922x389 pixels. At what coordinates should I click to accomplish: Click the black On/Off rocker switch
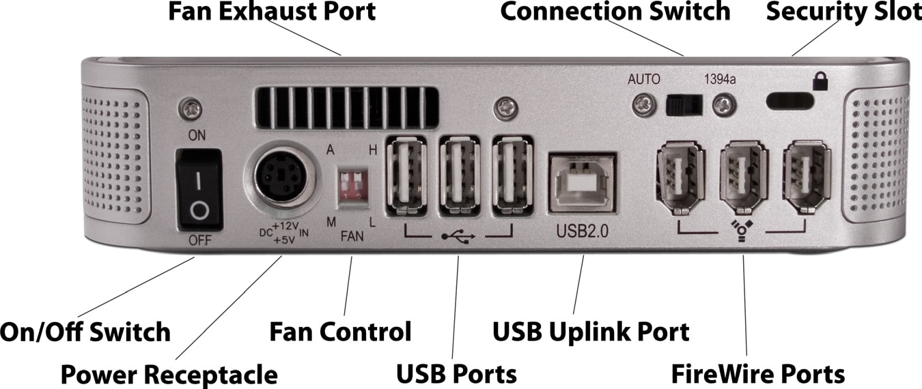(x=199, y=188)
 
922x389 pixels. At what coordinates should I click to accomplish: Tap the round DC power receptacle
(x=285, y=179)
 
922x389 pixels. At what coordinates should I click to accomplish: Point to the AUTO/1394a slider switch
(x=684, y=104)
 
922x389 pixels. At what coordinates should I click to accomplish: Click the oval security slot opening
(x=790, y=101)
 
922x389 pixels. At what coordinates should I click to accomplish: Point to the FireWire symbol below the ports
(x=742, y=231)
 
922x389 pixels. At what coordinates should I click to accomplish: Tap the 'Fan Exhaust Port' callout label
(x=272, y=11)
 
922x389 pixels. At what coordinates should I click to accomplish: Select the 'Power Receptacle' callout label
(x=169, y=375)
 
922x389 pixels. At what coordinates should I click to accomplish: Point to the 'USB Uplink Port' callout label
(x=591, y=332)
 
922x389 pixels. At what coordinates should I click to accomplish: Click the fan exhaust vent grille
(x=346, y=107)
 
